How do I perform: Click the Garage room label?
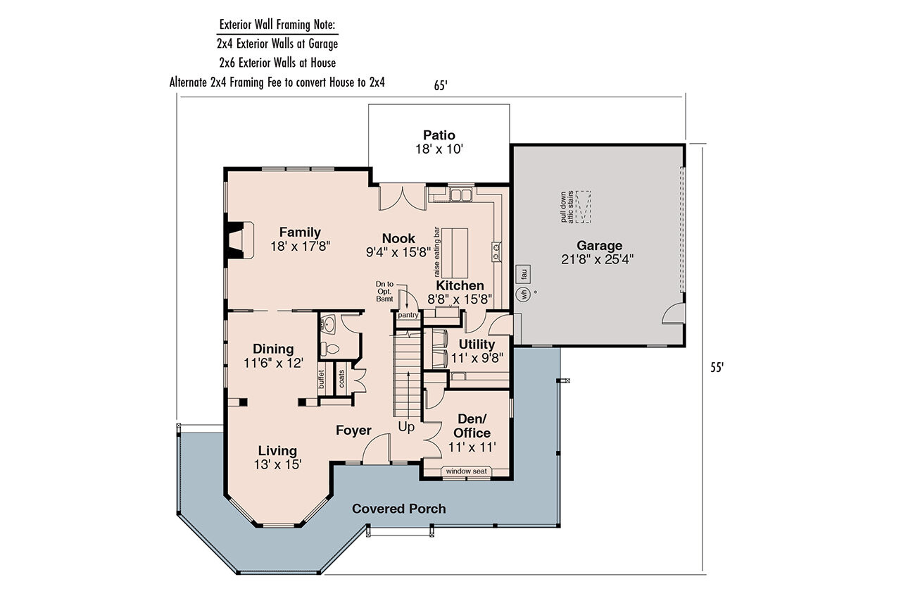coord(599,245)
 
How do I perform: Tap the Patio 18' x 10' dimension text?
coord(439,149)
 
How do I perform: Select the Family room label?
coord(300,232)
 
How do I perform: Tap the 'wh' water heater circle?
coord(524,295)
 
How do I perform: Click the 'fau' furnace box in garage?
coord(524,273)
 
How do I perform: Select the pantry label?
coord(408,315)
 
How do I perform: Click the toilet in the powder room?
coord(328,347)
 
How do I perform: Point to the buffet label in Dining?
coord(321,380)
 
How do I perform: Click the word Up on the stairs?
coord(407,427)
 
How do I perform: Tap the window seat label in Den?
coord(466,471)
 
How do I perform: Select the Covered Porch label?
coord(398,509)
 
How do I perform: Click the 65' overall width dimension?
coord(441,85)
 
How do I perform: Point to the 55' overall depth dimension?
coord(717,367)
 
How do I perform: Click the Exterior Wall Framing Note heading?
coord(277,25)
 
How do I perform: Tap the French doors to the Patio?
coord(393,197)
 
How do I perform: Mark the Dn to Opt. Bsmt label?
coord(384,290)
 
